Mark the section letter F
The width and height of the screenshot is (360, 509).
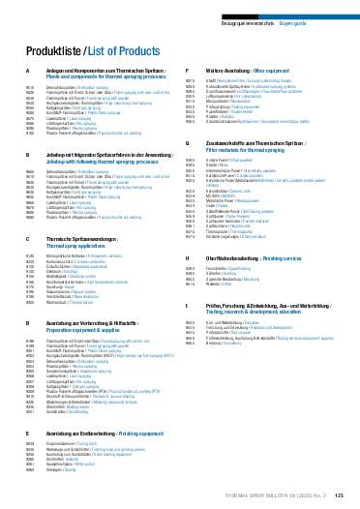coord(187,73)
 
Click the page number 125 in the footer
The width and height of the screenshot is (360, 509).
coord(339,494)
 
